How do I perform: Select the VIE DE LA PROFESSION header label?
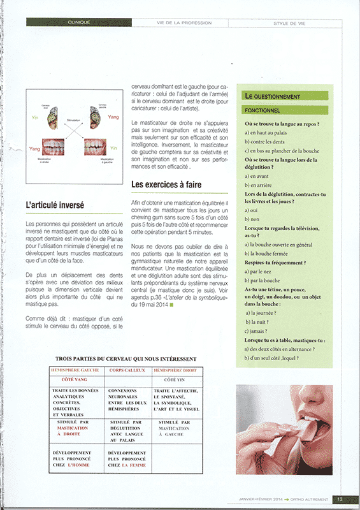[x=184, y=22]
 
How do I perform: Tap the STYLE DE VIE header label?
[x=289, y=22]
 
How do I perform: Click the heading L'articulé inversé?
[x=54, y=205]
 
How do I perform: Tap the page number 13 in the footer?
[x=340, y=499]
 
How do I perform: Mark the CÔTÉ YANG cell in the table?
[x=75, y=379]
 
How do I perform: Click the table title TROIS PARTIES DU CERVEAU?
[x=126, y=359]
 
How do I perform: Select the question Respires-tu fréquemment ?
[x=275, y=263]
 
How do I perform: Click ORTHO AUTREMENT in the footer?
[x=308, y=499]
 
